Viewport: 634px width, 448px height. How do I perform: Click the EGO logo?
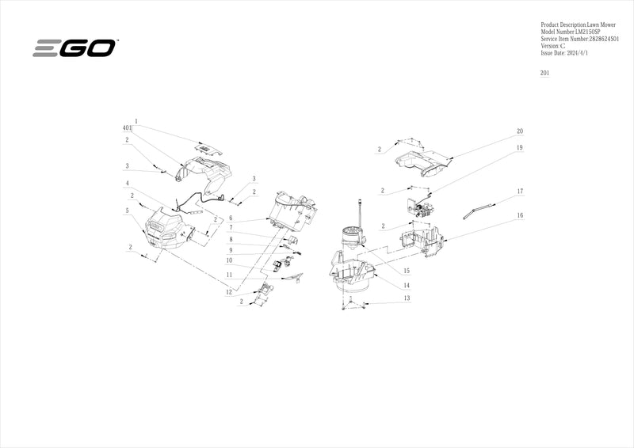click(74, 48)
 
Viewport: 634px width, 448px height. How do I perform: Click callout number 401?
click(128, 127)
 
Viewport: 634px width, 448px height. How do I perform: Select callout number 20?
click(519, 131)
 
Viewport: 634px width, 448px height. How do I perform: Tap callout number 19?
click(519, 148)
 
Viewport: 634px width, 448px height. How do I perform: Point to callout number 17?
click(520, 192)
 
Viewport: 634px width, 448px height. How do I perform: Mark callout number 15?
click(406, 271)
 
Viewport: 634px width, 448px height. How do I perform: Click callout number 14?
click(406, 285)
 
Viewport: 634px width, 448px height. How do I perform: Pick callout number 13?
click(406, 298)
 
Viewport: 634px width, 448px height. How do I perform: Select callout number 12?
click(229, 292)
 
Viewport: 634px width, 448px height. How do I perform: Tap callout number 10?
click(229, 260)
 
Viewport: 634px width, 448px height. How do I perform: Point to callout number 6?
click(229, 218)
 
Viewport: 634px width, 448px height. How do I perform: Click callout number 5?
click(127, 211)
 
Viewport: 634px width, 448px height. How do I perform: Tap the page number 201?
click(544, 73)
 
